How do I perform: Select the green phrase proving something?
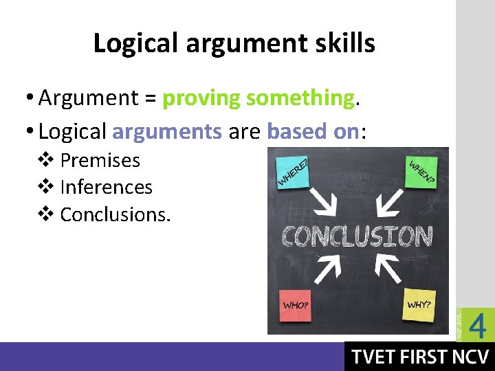(x=258, y=98)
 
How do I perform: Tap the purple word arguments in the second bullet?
(x=167, y=131)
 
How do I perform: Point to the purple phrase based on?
(x=313, y=131)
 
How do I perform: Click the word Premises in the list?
(x=100, y=161)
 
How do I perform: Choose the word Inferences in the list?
(x=106, y=188)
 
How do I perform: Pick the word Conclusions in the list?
(x=115, y=214)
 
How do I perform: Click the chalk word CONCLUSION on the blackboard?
(x=357, y=236)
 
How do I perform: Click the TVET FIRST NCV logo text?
(x=419, y=357)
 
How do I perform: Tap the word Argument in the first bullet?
(x=89, y=98)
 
